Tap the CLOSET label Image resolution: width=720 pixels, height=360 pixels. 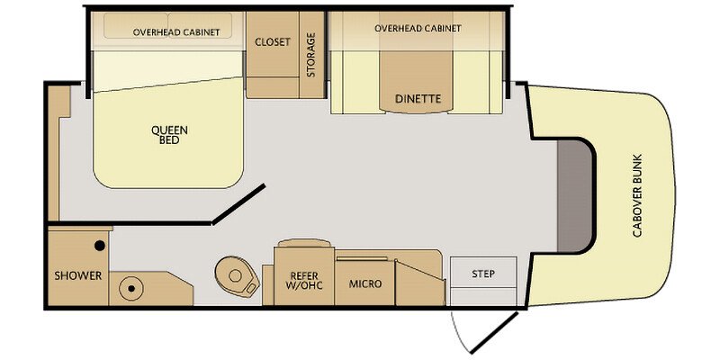(273, 41)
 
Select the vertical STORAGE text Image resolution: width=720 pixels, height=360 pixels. (311, 55)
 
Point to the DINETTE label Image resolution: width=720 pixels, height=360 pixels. (418, 98)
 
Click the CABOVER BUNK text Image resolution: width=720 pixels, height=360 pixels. (637, 195)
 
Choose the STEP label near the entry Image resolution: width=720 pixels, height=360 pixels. (483, 274)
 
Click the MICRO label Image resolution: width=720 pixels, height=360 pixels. (365, 283)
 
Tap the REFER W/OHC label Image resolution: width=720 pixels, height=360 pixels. (304, 281)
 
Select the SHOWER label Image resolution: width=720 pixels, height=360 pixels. (78, 276)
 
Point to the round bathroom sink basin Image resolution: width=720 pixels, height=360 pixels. (130, 289)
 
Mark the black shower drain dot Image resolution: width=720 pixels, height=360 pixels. (99, 246)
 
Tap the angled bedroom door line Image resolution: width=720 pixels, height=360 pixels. (238, 204)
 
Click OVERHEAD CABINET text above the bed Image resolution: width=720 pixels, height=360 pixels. (176, 32)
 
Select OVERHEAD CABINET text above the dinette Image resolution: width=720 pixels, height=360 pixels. (418, 29)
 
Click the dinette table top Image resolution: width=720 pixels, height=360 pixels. (417, 81)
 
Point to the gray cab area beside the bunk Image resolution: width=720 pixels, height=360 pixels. (574, 196)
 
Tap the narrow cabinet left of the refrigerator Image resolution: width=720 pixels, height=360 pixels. (268, 284)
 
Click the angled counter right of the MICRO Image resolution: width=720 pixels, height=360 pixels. (420, 283)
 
